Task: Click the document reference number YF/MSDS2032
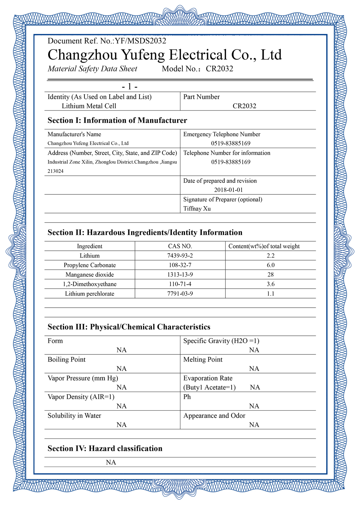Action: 140,41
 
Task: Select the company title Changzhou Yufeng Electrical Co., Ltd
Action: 165,55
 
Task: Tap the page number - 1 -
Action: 129,87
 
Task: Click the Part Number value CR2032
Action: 244,106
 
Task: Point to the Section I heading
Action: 117,120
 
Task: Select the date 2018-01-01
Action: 229,190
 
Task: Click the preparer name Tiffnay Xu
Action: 197,209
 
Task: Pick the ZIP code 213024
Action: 56,171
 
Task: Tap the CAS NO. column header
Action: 180,246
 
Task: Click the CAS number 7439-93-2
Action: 180,256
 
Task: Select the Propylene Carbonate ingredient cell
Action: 90,265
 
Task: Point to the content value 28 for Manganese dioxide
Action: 270,275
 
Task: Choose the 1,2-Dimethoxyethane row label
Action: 90,284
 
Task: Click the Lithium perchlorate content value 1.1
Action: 270,294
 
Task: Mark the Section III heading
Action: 129,327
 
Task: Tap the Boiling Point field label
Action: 66,359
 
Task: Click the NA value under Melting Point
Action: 254,369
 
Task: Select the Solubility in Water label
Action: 74,416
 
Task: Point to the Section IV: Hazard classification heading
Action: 105,448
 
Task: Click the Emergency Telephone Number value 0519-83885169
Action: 231,143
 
